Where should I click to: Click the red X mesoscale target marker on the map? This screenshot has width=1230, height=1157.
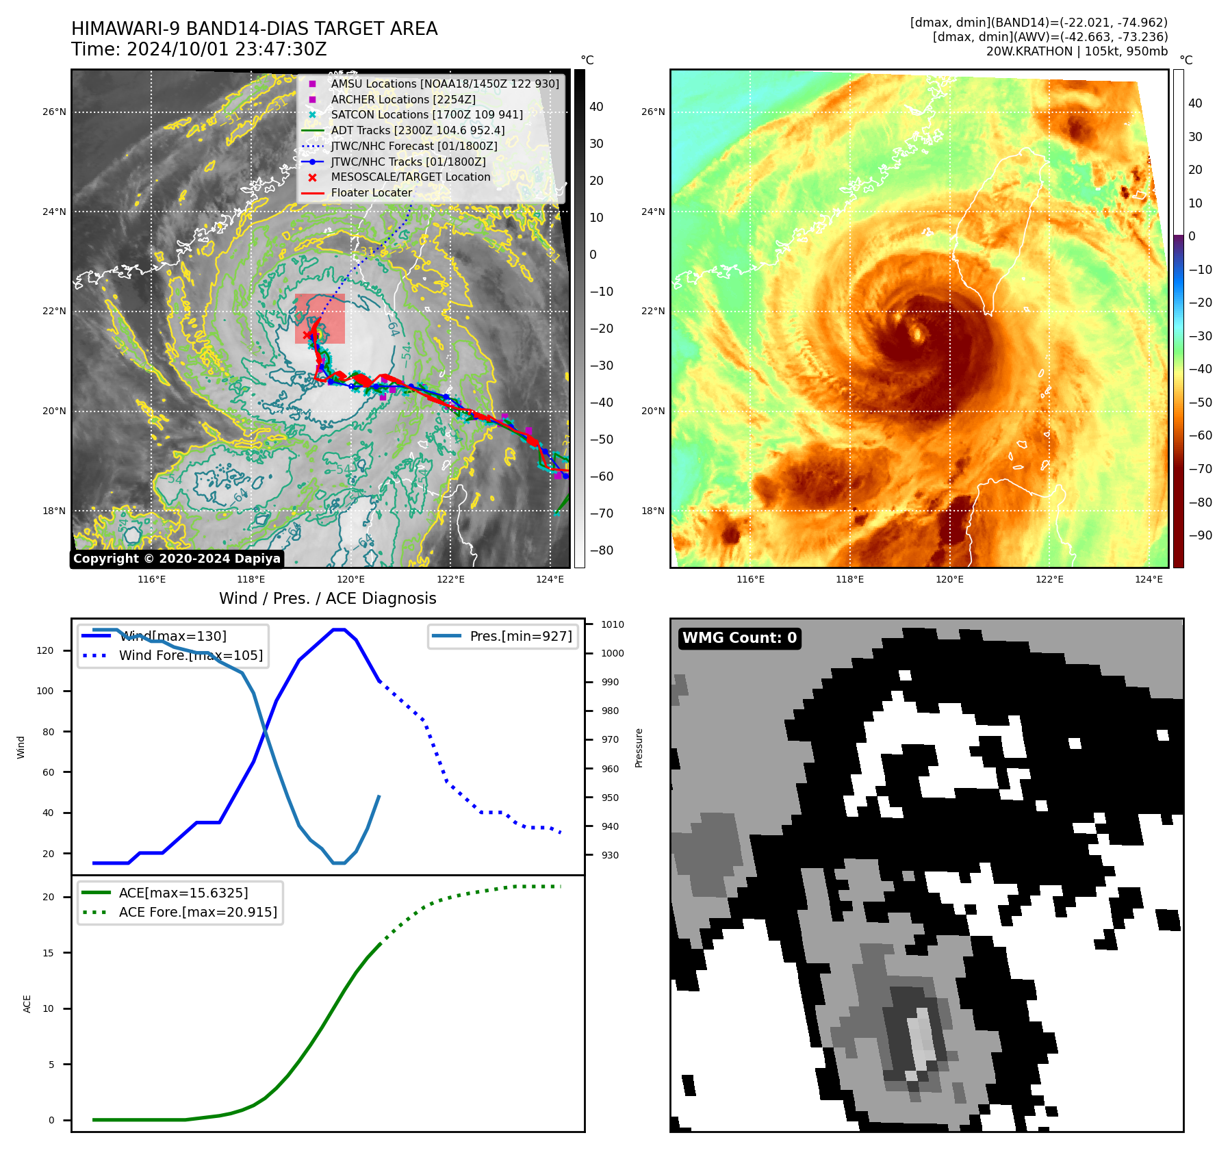(307, 335)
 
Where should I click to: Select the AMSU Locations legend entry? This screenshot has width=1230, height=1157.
(444, 84)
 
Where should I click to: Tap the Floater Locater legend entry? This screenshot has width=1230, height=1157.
(371, 193)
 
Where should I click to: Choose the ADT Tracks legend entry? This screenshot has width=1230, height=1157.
(418, 130)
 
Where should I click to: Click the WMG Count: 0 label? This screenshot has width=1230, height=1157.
(739, 638)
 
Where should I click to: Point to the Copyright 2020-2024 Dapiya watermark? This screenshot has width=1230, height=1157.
(177, 559)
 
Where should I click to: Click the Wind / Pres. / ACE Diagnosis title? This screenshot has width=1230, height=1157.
(327, 598)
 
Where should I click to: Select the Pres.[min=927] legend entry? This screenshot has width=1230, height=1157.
(520, 636)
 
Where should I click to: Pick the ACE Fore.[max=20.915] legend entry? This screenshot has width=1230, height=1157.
(198, 912)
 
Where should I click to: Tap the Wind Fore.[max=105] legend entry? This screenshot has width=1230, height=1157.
(190, 655)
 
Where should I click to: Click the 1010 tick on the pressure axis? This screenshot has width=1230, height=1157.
(613, 624)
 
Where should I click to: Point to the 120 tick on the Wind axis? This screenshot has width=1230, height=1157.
(45, 650)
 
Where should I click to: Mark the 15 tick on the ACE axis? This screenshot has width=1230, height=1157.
(48, 953)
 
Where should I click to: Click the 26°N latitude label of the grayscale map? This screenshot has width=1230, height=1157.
(55, 112)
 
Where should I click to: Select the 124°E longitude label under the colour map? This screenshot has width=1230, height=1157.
(1149, 579)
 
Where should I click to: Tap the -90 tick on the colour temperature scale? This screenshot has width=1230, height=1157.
(1200, 535)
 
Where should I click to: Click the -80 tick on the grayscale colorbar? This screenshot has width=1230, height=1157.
(602, 550)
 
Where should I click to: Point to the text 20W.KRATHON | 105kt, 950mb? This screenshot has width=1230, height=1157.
(1077, 51)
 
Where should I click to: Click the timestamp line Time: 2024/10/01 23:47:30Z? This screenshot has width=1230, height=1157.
(199, 49)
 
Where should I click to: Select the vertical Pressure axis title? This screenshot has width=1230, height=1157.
(639, 748)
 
